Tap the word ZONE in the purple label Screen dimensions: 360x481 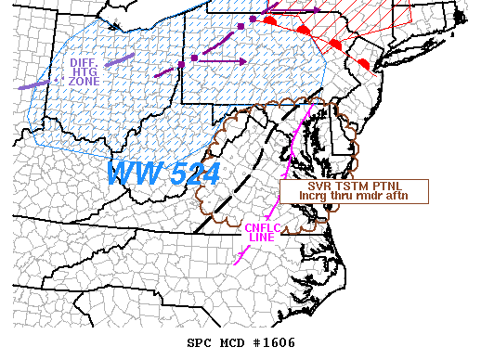84,81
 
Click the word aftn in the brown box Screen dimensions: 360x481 409,196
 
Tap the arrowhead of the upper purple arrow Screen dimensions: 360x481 317,10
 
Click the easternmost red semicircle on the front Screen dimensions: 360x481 365,62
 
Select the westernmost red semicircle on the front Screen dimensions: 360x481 269,19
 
